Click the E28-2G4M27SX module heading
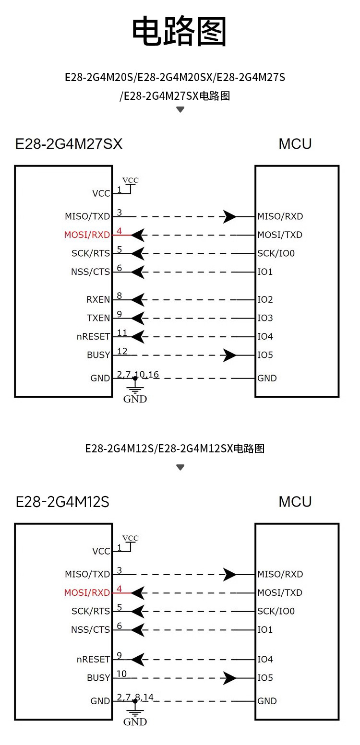point(69,144)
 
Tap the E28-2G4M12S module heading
point(62,502)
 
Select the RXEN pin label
point(98,300)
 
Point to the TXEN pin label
point(98,318)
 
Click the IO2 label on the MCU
point(265,300)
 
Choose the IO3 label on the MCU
point(265,318)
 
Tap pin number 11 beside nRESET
point(122,332)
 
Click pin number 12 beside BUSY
point(122,351)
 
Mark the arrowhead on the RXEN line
point(138,300)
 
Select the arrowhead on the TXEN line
point(138,318)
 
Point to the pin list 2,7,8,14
point(135,697)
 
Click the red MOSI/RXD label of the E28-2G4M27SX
point(87,235)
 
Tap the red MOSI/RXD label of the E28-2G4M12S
point(87,593)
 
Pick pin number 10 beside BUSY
point(121,674)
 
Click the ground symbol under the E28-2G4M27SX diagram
point(135,390)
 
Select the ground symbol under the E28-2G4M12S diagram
point(135,712)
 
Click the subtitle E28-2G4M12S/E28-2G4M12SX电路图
point(175,449)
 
